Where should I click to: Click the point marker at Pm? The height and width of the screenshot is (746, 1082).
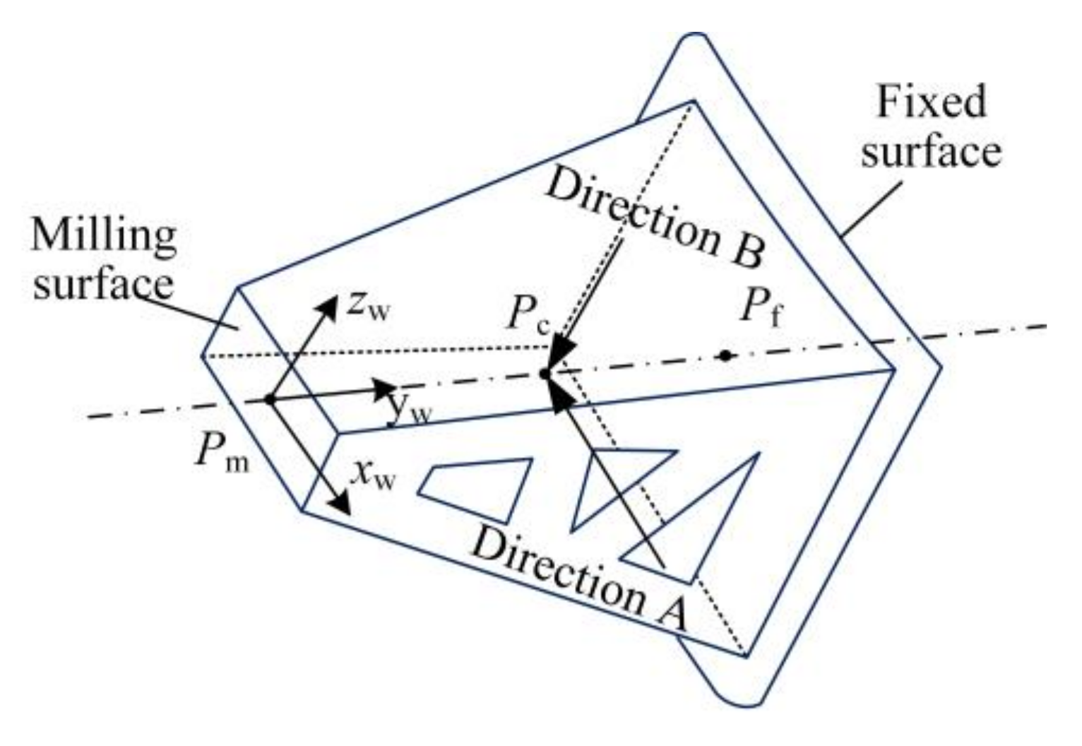pyautogui.click(x=269, y=400)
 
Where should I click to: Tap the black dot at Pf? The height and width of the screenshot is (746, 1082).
pyautogui.click(x=725, y=355)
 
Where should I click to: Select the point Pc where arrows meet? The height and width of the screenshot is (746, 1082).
pyautogui.click(x=544, y=373)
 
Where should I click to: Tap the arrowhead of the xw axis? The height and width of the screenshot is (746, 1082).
pyautogui.click(x=341, y=504)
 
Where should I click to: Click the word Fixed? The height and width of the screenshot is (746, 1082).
pyautogui.click(x=931, y=102)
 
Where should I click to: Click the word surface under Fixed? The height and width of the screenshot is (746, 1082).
pyautogui.click(x=931, y=150)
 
